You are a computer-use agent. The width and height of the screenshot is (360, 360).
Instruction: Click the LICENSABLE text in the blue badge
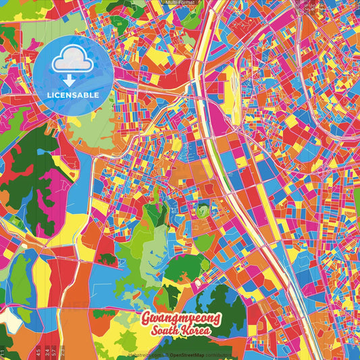tap(73, 95)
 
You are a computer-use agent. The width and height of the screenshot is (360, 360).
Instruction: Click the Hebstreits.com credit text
tap(145, 354)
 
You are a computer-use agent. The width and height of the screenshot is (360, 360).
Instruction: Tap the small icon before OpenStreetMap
tap(165, 354)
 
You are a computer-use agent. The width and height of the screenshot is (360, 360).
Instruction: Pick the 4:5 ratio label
tap(38, 352)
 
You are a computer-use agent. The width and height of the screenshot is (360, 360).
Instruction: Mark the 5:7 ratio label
tap(54, 352)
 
